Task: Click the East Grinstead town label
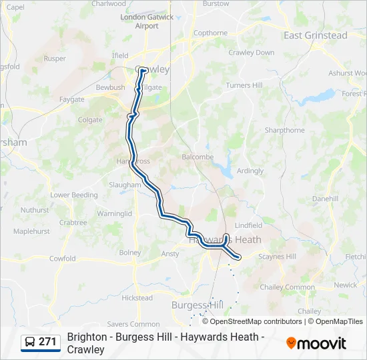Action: [x=316, y=35]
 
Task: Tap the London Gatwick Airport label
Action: [x=146, y=21]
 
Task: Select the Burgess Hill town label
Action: [x=197, y=305]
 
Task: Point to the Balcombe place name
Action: [x=198, y=157]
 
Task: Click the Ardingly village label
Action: [x=250, y=171]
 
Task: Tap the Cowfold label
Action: [x=62, y=258]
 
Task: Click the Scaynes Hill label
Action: [x=277, y=257]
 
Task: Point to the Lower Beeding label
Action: [x=73, y=195]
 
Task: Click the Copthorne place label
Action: [x=210, y=33]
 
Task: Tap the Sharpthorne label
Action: [x=285, y=130]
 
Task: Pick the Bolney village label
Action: [x=130, y=253]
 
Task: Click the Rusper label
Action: [x=55, y=58]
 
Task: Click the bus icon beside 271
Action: [x=30, y=342]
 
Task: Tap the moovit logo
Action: [x=316, y=343]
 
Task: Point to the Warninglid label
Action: [x=115, y=213]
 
